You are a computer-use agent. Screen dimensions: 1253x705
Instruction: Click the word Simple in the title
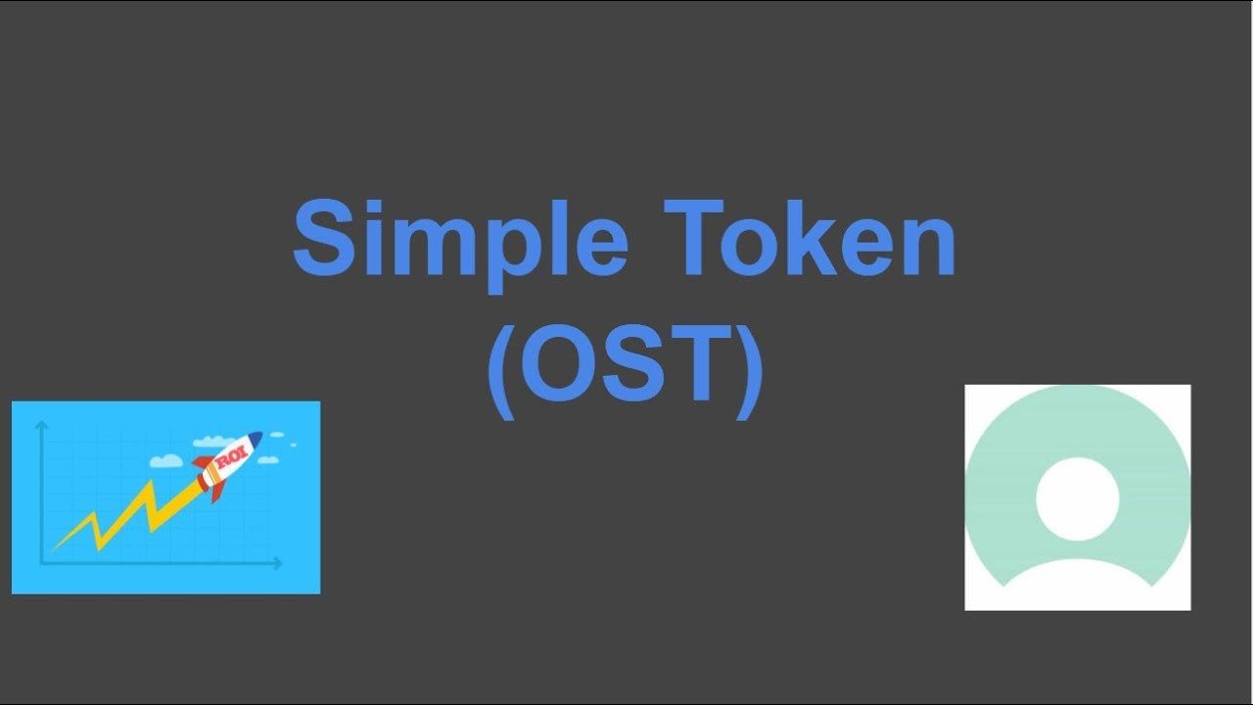coord(460,245)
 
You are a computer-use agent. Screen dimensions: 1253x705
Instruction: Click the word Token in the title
coord(810,238)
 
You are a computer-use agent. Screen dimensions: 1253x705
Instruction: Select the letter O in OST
coord(558,363)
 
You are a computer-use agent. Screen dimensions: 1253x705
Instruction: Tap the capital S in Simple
coord(324,238)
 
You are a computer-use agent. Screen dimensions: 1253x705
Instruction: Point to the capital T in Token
coord(694,238)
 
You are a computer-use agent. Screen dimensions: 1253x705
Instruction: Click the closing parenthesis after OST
coord(749,371)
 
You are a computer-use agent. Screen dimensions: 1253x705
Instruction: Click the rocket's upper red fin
coord(203,461)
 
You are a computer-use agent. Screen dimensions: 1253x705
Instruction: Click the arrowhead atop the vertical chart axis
coord(41,425)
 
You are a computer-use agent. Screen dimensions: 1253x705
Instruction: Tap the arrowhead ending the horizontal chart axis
coord(278,563)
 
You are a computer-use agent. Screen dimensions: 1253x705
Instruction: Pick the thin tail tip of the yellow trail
coord(53,549)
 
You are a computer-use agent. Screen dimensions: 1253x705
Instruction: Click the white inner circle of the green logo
coord(1078,499)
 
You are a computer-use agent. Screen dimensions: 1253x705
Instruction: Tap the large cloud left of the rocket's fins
coord(166,460)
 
